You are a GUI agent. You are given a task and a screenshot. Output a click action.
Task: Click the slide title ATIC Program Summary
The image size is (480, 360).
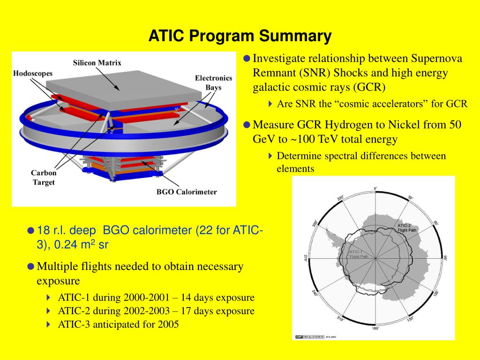240,36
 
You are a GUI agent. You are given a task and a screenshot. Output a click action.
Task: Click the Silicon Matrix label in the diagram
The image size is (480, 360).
97,63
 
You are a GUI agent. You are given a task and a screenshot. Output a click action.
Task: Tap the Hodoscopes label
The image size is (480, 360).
33,74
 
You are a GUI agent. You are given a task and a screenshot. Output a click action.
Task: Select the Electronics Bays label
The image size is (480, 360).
213,82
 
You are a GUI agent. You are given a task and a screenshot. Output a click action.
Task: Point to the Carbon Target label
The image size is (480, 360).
44,178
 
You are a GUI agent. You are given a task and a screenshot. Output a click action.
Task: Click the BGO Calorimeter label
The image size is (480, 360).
187,192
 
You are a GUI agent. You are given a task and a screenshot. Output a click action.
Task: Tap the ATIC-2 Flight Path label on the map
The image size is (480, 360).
407,227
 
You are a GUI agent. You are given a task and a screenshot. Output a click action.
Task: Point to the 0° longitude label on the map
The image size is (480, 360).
375,188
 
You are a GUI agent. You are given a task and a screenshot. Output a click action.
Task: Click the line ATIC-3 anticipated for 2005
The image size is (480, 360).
119,324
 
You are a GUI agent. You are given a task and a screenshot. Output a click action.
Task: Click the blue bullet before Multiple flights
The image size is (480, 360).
31,267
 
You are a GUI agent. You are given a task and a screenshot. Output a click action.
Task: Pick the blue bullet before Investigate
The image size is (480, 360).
247,59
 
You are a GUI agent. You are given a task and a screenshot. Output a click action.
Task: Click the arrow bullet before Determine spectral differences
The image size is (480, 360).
270,156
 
